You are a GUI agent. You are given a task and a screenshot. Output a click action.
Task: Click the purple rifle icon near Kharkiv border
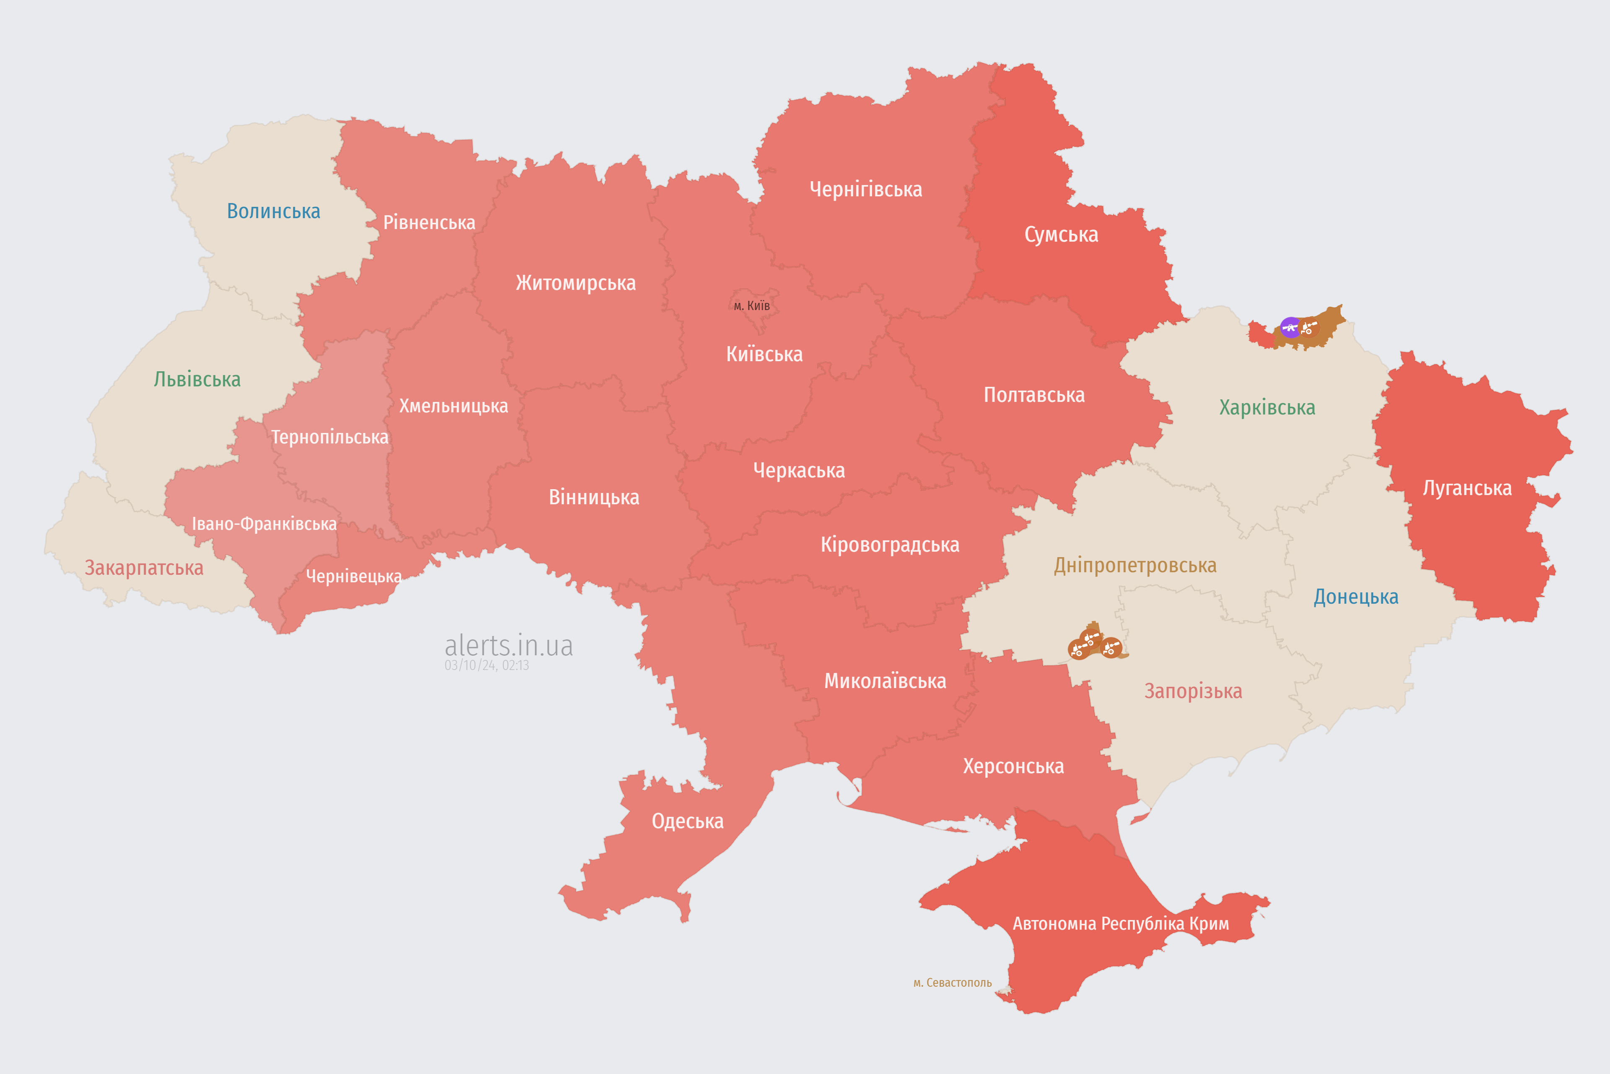coord(1291,327)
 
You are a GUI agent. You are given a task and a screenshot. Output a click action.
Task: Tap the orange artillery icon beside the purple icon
coord(1309,327)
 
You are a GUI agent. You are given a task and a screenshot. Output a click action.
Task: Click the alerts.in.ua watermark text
coord(509,645)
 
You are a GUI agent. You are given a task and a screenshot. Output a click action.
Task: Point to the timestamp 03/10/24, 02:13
coord(487,665)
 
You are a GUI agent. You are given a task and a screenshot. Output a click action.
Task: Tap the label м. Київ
coord(752,305)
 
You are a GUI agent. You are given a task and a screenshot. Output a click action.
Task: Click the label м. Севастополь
coord(952,983)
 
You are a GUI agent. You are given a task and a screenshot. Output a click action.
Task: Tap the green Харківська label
coord(1267,407)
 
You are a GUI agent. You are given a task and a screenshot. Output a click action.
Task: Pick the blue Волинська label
coord(273,211)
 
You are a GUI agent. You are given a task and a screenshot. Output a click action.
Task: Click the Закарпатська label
coord(144,568)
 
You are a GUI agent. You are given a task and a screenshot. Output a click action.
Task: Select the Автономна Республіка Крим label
coord(1121,924)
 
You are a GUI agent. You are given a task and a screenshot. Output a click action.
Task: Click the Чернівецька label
coord(353,576)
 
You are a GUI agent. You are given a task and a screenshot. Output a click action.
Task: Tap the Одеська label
coord(687,821)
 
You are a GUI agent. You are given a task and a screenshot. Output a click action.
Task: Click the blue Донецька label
coord(1356,597)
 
